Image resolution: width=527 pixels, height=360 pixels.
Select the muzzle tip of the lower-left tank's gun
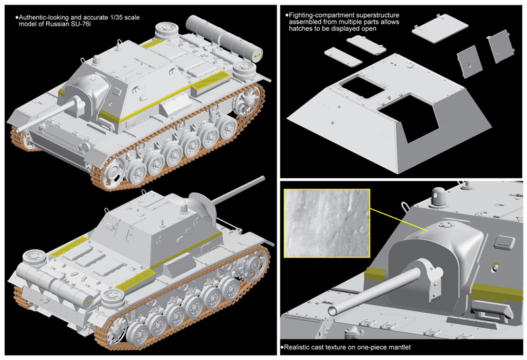262,178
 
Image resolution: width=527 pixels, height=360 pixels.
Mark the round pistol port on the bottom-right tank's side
495,269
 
